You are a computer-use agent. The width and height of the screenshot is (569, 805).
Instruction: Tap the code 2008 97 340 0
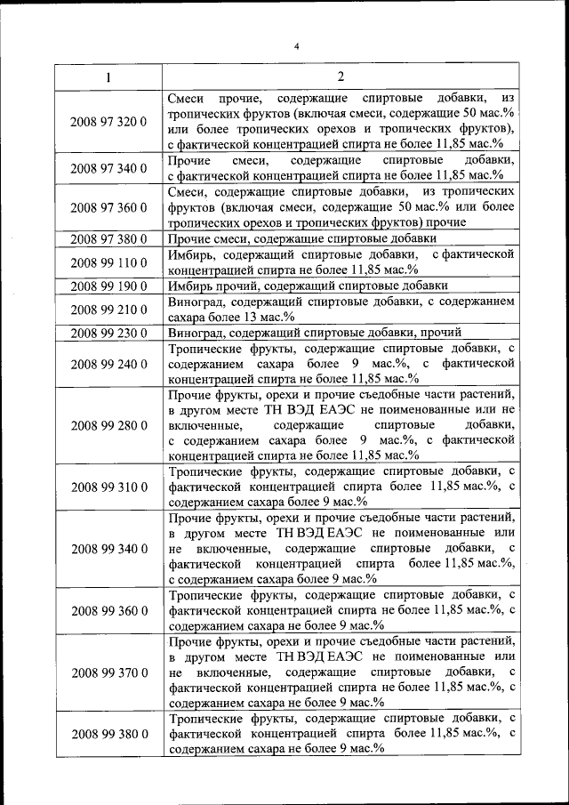[x=108, y=167]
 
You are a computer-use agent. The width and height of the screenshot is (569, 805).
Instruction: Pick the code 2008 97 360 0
[x=108, y=207]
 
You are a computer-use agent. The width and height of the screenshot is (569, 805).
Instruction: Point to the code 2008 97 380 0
[x=108, y=238]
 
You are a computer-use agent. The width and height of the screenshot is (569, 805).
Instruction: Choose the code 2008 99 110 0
[x=108, y=262]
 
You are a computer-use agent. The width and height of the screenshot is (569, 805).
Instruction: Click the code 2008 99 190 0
[x=108, y=286]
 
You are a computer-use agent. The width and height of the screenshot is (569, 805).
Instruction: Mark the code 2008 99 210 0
[x=108, y=310]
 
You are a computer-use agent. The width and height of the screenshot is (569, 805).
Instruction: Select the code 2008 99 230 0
[x=108, y=333]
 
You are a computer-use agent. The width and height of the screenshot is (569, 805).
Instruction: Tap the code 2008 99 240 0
[x=108, y=364]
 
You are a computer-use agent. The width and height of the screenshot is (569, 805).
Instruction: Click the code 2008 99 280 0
[x=108, y=425]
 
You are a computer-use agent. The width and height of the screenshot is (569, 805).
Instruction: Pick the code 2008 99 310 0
[x=108, y=487]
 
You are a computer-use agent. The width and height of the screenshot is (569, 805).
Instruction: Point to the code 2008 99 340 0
[x=108, y=548]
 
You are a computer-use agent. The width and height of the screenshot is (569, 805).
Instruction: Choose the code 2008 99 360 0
[x=108, y=610]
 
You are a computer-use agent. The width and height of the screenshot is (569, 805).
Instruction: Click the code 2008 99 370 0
[x=108, y=672]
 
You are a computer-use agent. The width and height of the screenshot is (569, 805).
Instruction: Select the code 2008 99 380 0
[x=108, y=734]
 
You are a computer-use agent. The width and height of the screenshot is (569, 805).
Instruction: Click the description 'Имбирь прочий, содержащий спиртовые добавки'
[x=308, y=286]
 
